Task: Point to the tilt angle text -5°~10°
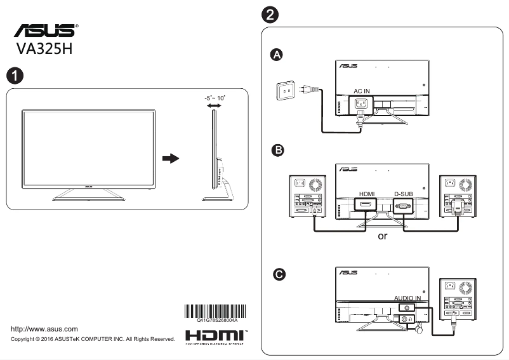pyautogui.click(x=215, y=98)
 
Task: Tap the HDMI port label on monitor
pyautogui.click(x=367, y=194)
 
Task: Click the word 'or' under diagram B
pyautogui.click(x=383, y=236)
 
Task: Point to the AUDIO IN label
pyautogui.click(x=407, y=298)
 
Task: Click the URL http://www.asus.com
pyautogui.click(x=45, y=329)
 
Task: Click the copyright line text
pyautogui.click(x=93, y=340)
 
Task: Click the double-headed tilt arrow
pyautogui.click(x=214, y=107)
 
